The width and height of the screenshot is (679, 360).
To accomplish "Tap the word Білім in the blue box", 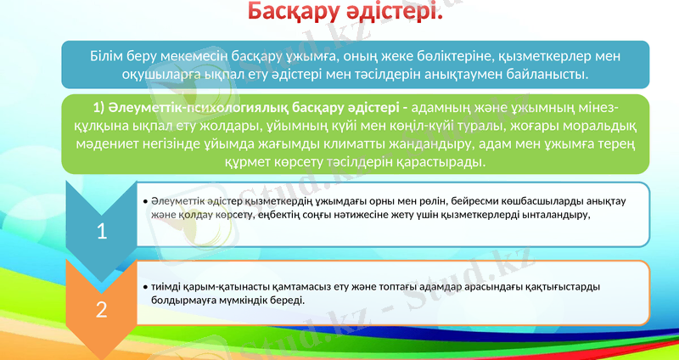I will (109, 57).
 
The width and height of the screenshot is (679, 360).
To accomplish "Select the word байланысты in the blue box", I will (550, 75).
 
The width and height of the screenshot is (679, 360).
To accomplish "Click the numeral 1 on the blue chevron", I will (101, 230).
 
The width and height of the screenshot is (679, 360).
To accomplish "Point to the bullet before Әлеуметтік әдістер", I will (145, 202).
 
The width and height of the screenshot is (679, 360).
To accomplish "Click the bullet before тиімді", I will (145, 288).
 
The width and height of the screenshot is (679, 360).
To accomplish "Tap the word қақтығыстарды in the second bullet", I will (559, 287).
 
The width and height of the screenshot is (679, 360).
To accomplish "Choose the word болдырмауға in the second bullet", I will (186, 301).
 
